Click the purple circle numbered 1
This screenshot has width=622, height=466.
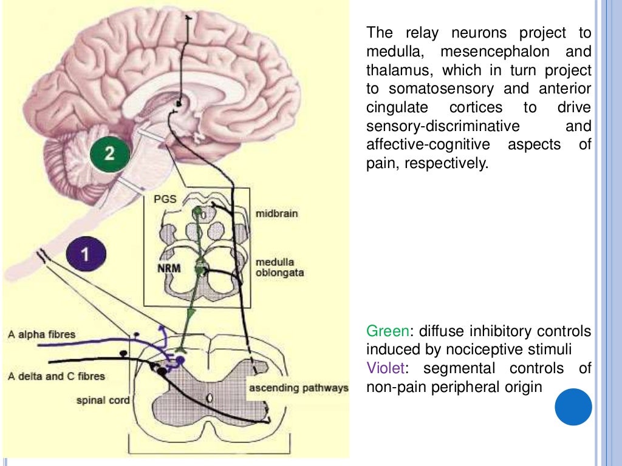[x=86, y=254]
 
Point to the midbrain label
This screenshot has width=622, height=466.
[x=276, y=214]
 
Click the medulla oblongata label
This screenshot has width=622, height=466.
[x=279, y=268]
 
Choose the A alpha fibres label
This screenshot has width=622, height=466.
[x=42, y=334]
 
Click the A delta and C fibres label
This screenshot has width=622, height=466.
[x=56, y=376]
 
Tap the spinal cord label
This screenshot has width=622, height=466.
[x=103, y=400]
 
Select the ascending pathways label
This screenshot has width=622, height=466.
[x=297, y=388]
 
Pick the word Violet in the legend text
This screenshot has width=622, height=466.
[x=385, y=368]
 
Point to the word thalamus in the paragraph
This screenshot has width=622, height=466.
[x=398, y=70]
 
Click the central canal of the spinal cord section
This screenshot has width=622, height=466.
[x=209, y=398]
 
